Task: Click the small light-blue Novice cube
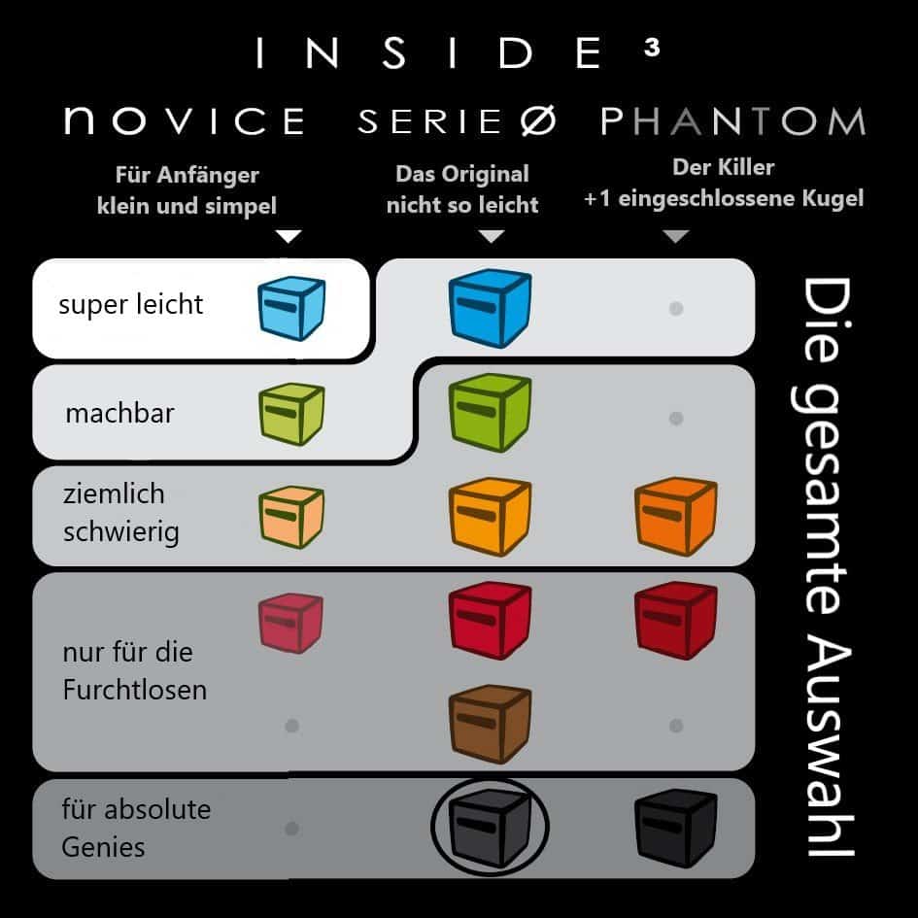(291, 309)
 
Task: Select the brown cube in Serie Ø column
(490, 725)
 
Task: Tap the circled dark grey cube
(490, 828)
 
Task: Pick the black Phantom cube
(676, 828)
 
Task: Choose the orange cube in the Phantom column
(676, 517)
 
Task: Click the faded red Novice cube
(291, 623)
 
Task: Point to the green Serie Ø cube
(490, 413)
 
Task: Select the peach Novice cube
(291, 518)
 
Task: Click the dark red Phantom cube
(676, 621)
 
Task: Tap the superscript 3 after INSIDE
(652, 47)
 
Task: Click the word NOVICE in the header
(185, 120)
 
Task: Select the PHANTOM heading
(733, 120)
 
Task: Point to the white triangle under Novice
(289, 236)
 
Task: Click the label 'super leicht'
(130, 305)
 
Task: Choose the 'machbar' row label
(120, 413)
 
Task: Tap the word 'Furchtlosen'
(135, 690)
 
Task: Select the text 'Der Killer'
(724, 167)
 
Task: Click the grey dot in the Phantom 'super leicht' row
(676, 309)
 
